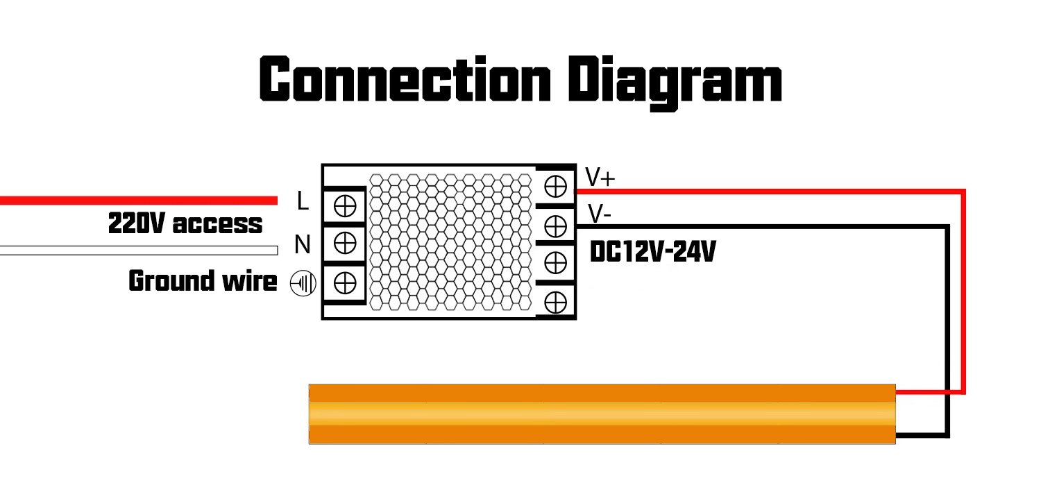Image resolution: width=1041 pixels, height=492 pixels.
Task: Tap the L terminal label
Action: (x=302, y=201)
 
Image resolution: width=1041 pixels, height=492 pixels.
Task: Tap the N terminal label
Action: (x=302, y=244)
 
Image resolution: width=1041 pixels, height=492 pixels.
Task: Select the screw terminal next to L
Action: (x=345, y=206)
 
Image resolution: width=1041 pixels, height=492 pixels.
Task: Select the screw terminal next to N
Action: (x=345, y=243)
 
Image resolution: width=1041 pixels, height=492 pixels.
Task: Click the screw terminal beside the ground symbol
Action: (x=345, y=282)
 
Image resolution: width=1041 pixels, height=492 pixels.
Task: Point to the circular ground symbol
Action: (x=303, y=284)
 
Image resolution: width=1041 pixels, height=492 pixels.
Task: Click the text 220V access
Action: (x=185, y=224)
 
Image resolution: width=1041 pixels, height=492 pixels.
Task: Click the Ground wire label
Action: (x=203, y=282)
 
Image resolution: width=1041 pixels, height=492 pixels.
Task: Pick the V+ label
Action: (x=600, y=178)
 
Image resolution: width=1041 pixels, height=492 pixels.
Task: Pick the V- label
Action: (x=599, y=214)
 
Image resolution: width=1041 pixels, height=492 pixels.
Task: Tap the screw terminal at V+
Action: (x=555, y=186)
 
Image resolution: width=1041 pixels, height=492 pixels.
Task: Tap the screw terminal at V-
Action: (x=555, y=225)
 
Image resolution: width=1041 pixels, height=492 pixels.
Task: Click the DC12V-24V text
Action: (x=652, y=253)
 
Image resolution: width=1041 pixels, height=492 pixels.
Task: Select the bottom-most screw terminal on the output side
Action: (x=555, y=303)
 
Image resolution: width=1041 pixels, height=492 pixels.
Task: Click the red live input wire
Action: (x=139, y=201)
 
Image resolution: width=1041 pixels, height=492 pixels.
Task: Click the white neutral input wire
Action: (x=139, y=251)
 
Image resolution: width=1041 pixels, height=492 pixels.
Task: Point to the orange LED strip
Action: (x=602, y=414)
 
